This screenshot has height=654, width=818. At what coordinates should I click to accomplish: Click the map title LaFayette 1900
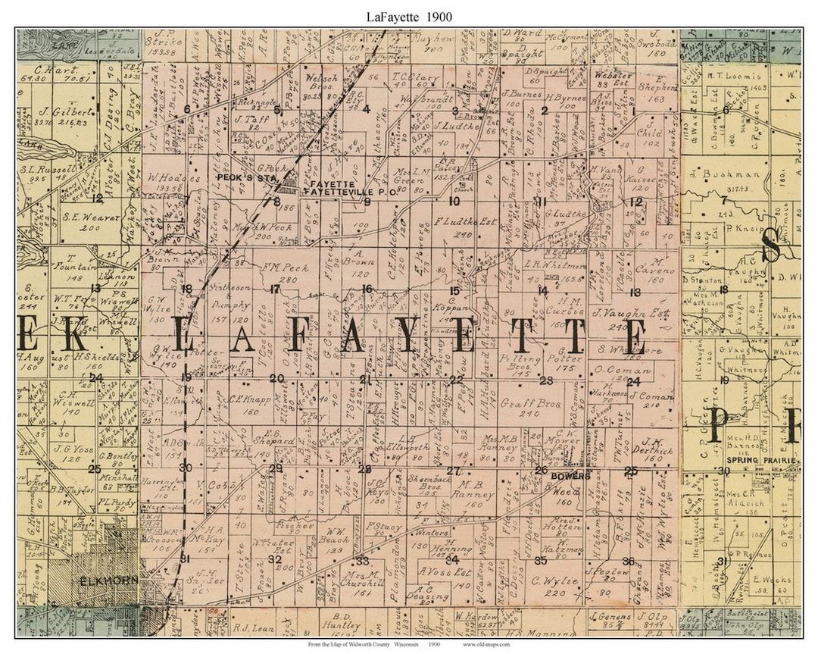point(408,15)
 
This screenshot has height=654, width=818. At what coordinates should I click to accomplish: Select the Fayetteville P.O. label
point(332,192)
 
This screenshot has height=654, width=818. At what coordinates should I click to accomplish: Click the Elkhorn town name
point(101,581)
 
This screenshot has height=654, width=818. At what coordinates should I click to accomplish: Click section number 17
point(275,289)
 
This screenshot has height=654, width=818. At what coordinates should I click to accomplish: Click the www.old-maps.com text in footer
point(485,644)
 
